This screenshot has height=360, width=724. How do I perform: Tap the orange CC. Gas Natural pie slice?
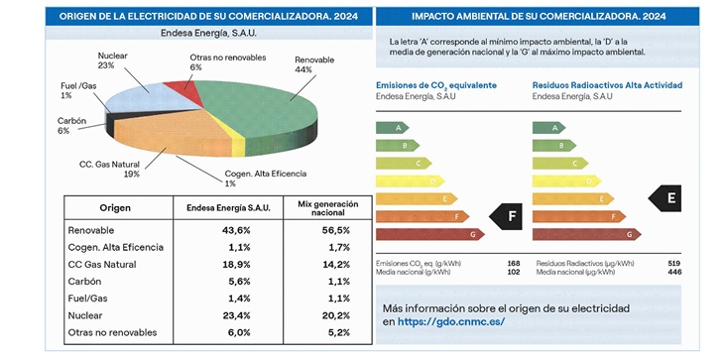pyautogui.click(x=179, y=149)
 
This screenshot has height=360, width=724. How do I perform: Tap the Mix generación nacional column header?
pyautogui.click(x=324, y=207)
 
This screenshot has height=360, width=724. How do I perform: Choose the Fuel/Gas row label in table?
pyautogui.click(x=93, y=299)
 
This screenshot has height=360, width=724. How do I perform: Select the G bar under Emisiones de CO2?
pyautogui.click(x=429, y=234)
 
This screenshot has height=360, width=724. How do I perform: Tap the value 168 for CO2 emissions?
pyautogui.click(x=513, y=264)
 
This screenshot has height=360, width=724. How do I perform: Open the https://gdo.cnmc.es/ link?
pyautogui.click(x=451, y=322)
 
